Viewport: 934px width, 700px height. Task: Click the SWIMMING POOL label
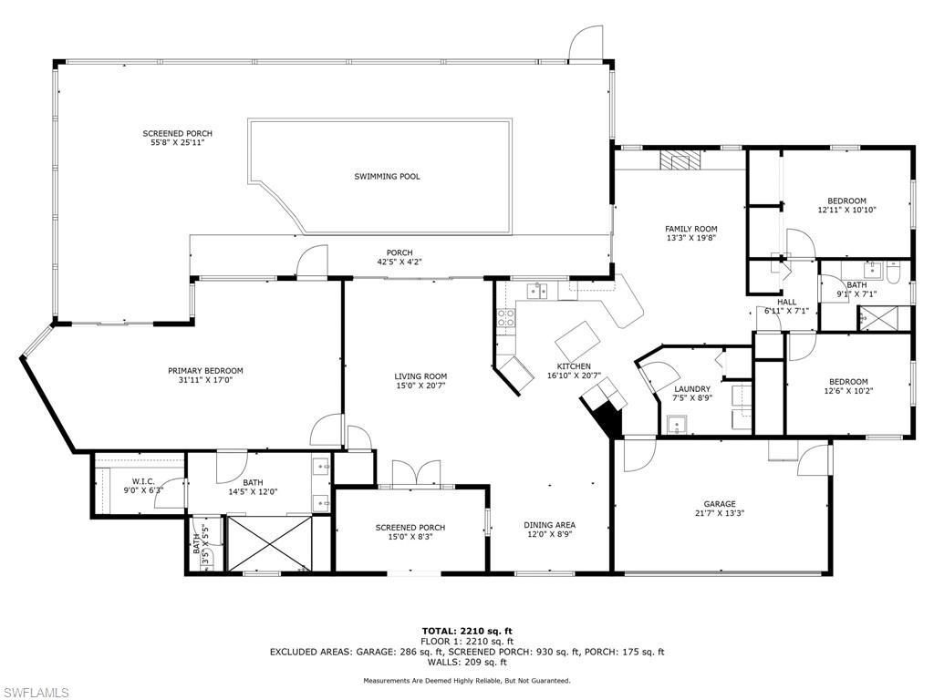click(387, 177)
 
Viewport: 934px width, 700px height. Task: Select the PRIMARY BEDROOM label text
click(205, 371)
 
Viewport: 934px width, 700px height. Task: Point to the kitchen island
click(578, 342)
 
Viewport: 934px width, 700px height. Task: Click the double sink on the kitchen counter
click(538, 291)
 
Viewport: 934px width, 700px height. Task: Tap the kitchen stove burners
click(504, 318)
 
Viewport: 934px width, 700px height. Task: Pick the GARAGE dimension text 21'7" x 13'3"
click(719, 514)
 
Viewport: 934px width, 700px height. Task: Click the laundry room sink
click(677, 423)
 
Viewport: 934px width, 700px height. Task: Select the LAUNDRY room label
click(692, 389)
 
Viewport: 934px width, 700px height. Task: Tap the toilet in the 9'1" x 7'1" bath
click(894, 272)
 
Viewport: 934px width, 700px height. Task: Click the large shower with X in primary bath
click(269, 543)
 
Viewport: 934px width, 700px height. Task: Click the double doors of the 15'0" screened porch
click(416, 475)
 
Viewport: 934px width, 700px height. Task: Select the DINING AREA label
click(549, 525)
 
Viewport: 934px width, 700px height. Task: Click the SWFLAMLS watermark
click(35, 693)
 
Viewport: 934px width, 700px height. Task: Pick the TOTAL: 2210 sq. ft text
click(467, 631)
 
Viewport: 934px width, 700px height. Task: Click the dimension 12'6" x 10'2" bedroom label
click(848, 393)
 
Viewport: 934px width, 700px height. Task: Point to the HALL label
click(786, 302)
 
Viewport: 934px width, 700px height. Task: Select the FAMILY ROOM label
click(690, 229)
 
